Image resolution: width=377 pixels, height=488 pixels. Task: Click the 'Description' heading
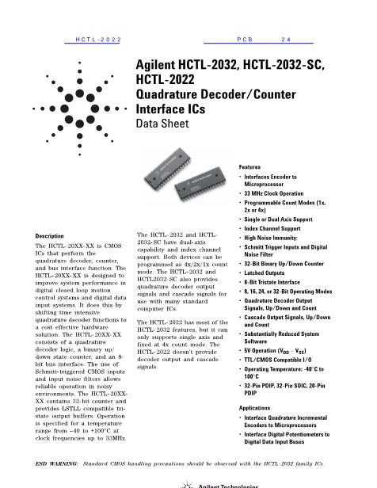point(51,236)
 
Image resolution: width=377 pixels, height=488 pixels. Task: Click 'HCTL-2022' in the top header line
point(97,38)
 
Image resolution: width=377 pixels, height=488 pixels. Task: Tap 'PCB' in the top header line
point(244,38)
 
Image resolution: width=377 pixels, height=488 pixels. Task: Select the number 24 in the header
point(286,38)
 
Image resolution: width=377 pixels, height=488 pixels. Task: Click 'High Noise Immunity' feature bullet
point(276,237)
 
